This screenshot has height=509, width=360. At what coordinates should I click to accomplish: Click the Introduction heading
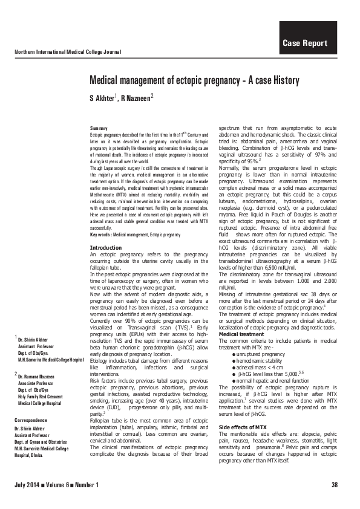click(x=105, y=248)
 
